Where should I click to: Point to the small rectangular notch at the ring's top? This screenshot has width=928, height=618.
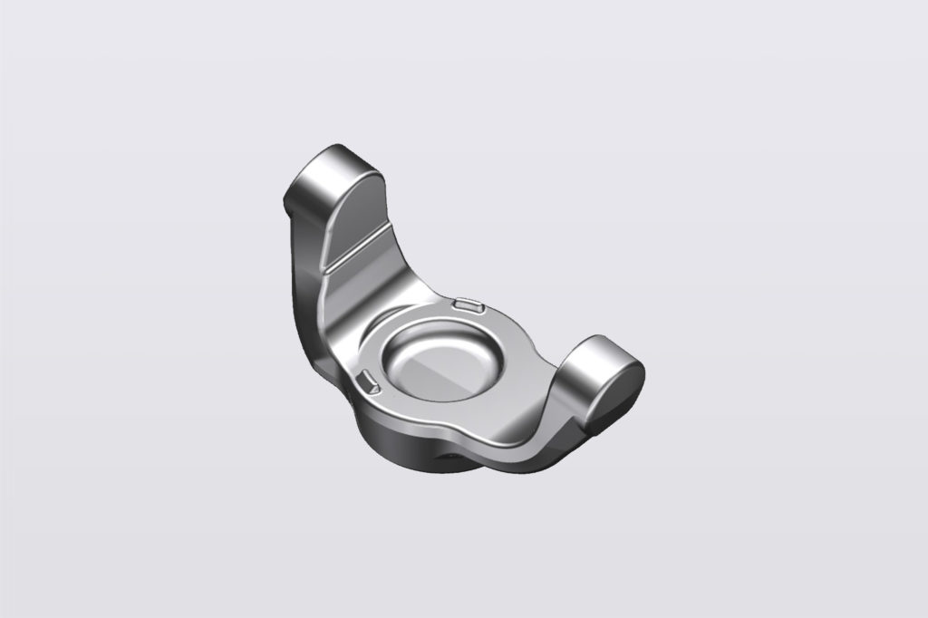(x=468, y=306)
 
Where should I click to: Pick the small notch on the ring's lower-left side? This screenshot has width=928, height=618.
(x=368, y=381)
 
